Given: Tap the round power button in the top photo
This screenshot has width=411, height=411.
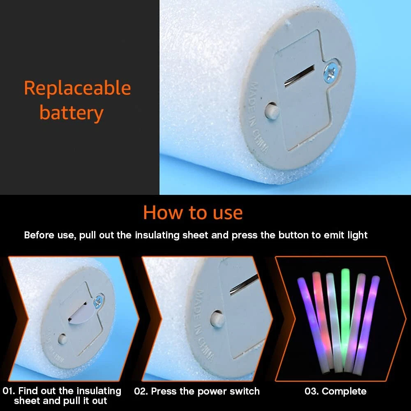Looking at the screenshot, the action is point(272,111).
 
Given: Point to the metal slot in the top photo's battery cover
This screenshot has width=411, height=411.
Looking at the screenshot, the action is point(299,76).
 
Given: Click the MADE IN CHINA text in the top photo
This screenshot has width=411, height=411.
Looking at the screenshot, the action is point(259,117).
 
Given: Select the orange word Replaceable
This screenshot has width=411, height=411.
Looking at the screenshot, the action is point(77,88).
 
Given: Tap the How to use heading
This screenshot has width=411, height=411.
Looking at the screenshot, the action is point(193,212).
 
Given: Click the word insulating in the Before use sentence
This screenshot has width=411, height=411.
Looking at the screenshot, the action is point(157,235).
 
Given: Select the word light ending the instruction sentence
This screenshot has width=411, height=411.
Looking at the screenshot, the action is point(358,235).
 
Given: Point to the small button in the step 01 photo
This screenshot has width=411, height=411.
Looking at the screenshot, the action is point(62,339).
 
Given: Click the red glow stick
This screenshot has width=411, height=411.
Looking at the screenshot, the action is point(322,320).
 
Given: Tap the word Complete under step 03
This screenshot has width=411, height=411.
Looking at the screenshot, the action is point(344,391).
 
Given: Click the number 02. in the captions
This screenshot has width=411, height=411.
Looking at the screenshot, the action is point(141,391).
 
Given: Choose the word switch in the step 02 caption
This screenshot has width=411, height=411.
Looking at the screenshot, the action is point(245,391).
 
